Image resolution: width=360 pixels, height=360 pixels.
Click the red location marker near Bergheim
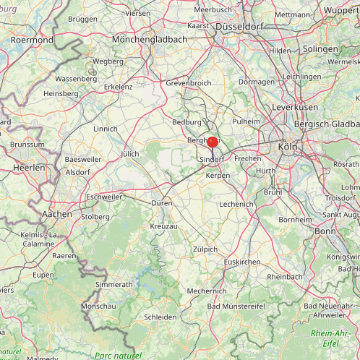pyautogui.click(x=213, y=142)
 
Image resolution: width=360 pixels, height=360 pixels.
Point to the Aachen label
pyautogui.click(x=57, y=214)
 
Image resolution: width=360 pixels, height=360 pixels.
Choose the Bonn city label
pyautogui.click(x=326, y=231)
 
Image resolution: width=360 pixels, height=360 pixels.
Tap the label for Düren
pyautogui.click(x=161, y=204)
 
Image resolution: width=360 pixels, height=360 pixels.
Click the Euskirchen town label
pyautogui.click(x=242, y=262)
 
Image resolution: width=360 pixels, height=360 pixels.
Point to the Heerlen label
pyautogui.click(x=29, y=167)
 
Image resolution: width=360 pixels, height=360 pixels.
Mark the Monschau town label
pyautogui.click(x=99, y=307)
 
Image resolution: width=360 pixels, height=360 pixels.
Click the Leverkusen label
pyautogui.click(x=295, y=106)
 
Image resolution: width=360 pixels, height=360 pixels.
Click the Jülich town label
pyautogui.click(x=129, y=154)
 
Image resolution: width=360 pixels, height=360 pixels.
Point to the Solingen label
pyautogui.click(x=320, y=48)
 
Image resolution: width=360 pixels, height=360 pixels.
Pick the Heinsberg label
pyautogui.click(x=61, y=94)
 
